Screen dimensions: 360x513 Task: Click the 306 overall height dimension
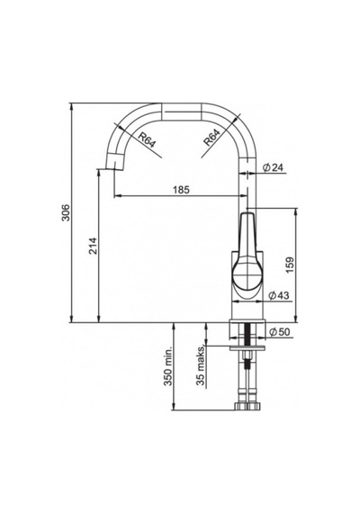(x=66, y=212)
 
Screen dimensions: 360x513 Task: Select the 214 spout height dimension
(x=93, y=246)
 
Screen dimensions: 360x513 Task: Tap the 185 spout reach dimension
(x=180, y=189)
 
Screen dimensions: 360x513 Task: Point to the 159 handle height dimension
(x=290, y=265)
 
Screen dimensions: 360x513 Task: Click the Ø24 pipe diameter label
(x=273, y=167)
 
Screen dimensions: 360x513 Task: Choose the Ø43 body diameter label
(x=279, y=295)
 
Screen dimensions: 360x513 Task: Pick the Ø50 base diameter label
(x=280, y=332)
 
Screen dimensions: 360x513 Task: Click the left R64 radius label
(x=147, y=140)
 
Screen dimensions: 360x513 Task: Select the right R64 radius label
(x=211, y=138)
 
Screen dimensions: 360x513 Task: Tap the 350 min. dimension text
(x=168, y=366)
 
